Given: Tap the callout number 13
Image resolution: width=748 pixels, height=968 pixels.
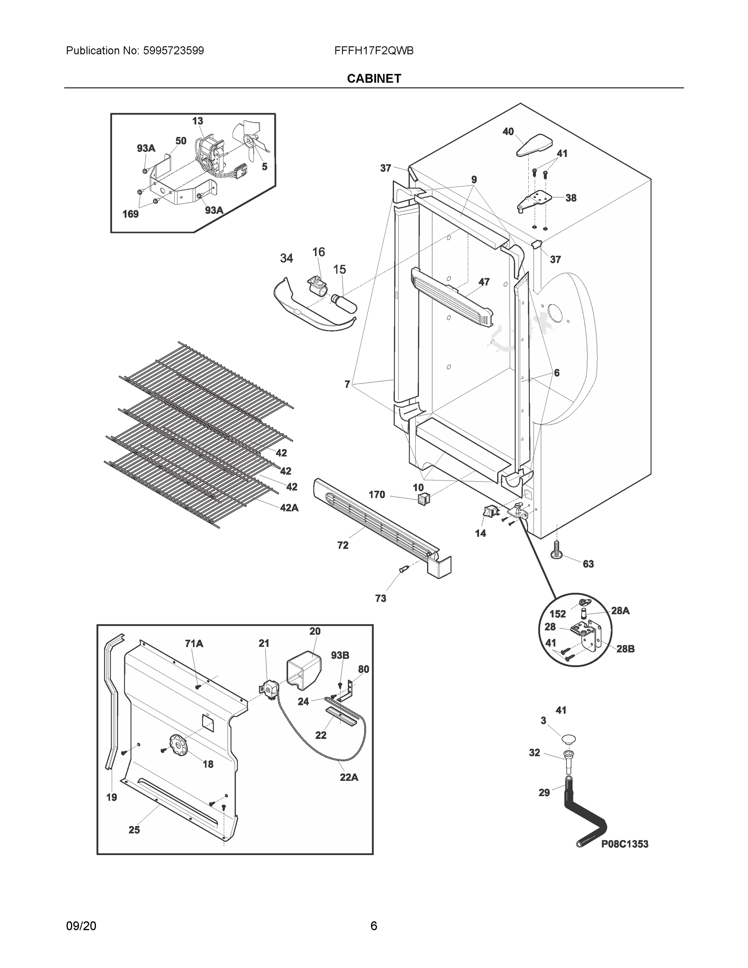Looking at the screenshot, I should point(198,121).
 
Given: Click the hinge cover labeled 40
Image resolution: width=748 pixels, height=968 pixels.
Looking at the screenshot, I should point(534,145).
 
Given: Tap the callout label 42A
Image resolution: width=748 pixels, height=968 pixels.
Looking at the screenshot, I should point(289,508).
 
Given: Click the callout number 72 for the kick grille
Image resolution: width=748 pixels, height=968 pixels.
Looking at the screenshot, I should point(342,546).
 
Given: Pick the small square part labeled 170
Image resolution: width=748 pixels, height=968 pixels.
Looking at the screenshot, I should point(424,499).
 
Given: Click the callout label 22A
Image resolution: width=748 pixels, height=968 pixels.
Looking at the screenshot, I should point(349,777).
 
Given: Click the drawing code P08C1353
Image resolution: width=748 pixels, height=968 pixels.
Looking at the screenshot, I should point(624,844).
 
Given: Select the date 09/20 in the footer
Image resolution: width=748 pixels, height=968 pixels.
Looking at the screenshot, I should point(81,926).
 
